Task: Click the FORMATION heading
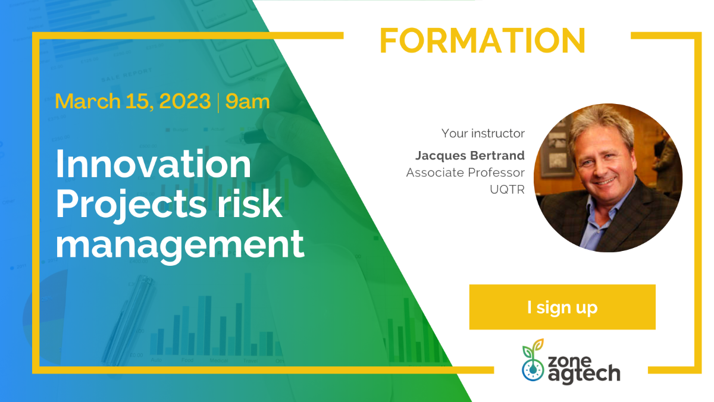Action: click(x=483, y=40)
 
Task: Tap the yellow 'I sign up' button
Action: click(x=562, y=307)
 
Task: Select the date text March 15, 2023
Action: click(x=133, y=101)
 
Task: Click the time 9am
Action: click(x=248, y=101)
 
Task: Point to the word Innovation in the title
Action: click(x=154, y=164)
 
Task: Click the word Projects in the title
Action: click(x=131, y=204)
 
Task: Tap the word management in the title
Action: click(x=180, y=245)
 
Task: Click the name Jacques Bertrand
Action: click(x=470, y=156)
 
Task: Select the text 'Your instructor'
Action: click(x=483, y=133)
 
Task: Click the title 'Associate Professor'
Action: click(x=465, y=172)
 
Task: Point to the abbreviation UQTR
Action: click(x=507, y=190)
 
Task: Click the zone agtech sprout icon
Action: click(x=533, y=360)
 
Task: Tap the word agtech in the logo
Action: click(x=584, y=373)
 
